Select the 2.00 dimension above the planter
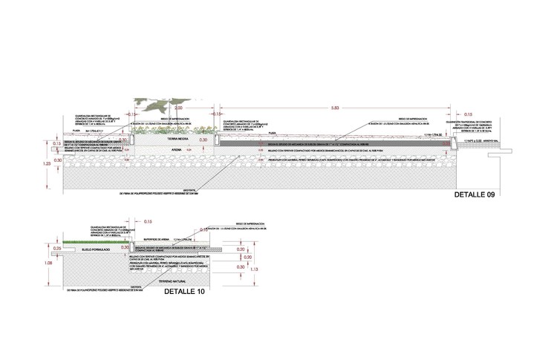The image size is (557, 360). (x=178, y=108)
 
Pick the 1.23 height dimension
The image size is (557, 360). (x=47, y=162)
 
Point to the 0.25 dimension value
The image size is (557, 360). (x=58, y=248)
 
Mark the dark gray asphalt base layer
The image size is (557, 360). (x=334, y=141)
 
